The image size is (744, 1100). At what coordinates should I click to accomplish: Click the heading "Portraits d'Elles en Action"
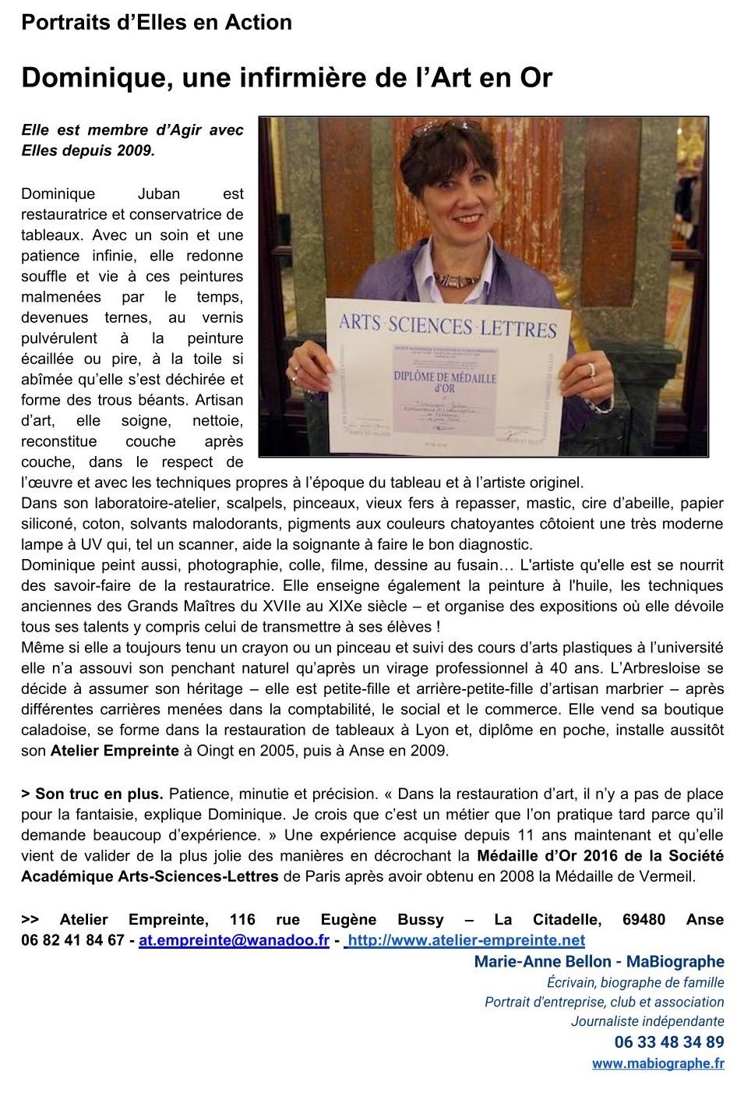point(157,23)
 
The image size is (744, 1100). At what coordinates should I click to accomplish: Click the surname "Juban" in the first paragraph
point(160,193)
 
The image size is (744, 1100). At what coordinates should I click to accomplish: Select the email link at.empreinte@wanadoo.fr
point(234,940)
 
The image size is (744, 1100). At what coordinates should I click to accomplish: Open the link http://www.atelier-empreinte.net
point(464,940)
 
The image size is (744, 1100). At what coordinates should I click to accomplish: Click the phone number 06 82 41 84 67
point(73,940)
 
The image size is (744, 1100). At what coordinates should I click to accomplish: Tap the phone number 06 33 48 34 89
point(669,1042)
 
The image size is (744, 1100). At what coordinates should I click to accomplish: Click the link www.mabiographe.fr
point(658,1063)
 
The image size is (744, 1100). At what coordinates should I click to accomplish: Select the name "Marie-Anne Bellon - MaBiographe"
point(598,962)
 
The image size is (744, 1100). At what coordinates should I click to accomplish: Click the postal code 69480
point(644,920)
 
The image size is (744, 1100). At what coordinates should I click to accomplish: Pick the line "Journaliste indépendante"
point(647,1021)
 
